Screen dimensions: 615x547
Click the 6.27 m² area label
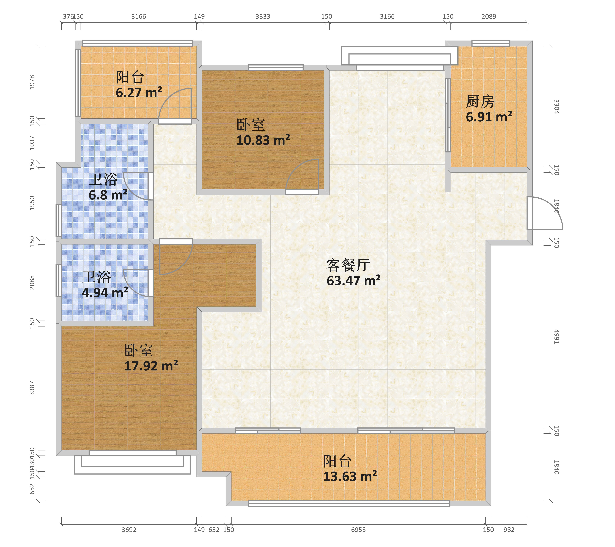(139, 92)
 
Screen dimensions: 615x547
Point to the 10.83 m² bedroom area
(263, 140)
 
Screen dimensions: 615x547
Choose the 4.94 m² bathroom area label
(105, 292)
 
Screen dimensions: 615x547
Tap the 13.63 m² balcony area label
(350, 476)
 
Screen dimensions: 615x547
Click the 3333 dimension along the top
(263, 17)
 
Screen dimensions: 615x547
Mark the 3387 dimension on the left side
(32, 388)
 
